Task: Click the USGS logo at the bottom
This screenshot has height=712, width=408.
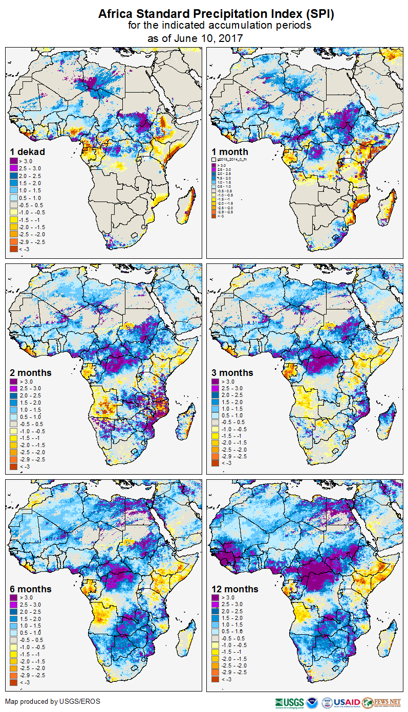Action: pos(290,702)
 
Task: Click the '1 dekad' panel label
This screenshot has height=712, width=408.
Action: pos(28,151)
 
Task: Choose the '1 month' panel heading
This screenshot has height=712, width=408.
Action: pos(230,151)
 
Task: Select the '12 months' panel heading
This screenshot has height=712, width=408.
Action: pos(235,589)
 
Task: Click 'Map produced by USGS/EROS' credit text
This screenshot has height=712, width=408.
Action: pos(53,701)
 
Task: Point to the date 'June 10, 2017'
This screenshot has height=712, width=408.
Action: pos(211,38)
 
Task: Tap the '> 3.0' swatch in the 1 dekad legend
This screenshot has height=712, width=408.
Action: pos(14,161)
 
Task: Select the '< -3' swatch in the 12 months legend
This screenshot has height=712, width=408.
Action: pos(216,679)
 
